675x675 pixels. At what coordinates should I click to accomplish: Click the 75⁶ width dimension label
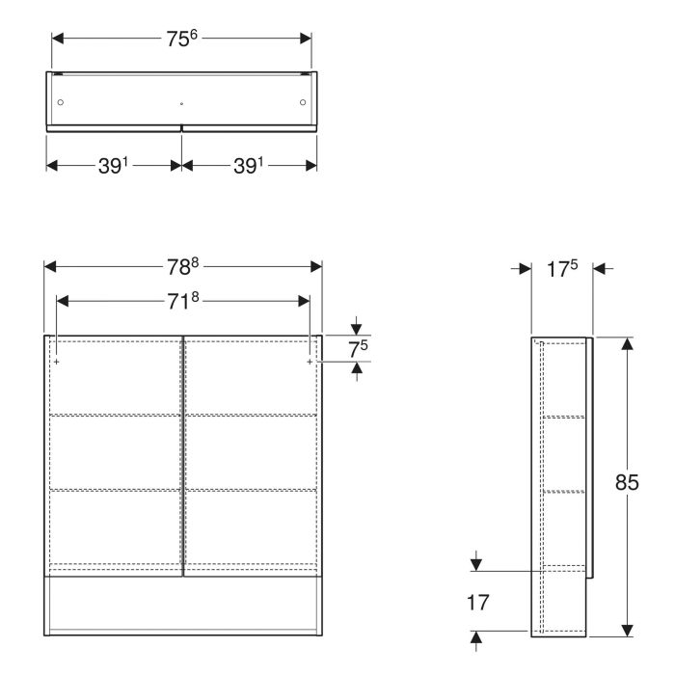181,40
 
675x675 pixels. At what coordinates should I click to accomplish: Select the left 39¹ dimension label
114,165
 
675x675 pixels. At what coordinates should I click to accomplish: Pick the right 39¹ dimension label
250,165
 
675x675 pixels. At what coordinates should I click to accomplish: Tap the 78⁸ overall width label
182,267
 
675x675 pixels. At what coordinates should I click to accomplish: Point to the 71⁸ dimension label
182,301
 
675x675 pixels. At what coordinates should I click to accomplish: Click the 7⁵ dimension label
359,348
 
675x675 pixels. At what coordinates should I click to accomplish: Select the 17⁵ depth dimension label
562,268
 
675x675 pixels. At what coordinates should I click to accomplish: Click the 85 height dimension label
628,484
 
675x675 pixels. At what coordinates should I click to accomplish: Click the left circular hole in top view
61,101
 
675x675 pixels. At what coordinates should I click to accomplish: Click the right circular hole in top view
303,101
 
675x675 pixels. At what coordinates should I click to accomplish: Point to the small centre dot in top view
181,102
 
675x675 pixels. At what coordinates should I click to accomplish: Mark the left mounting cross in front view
57,362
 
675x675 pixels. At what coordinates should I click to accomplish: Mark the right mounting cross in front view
309,362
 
